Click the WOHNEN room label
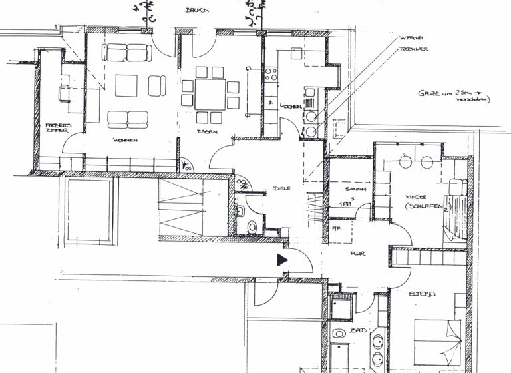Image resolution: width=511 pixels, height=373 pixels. coord(125,140)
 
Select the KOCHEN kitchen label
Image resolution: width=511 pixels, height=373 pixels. coord(291,107)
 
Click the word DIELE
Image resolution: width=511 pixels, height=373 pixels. coord(282,188)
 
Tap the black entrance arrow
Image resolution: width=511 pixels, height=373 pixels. coord(282,261)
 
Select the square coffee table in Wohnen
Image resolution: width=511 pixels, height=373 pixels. coord(126,85)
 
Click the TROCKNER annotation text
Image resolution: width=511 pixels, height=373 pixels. coord(413,49)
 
